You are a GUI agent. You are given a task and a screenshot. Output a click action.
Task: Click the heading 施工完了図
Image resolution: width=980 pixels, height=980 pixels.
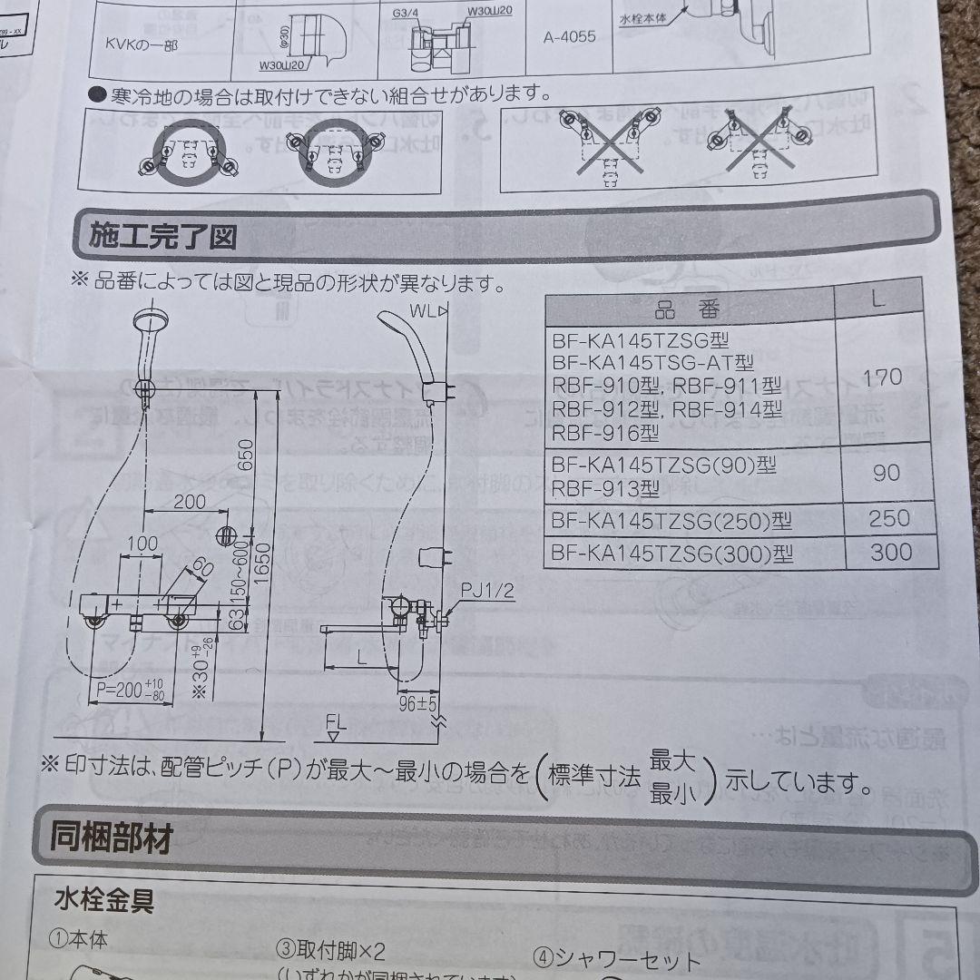[x=163, y=236]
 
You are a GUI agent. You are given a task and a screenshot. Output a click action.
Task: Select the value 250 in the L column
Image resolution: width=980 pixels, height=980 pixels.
[x=887, y=518]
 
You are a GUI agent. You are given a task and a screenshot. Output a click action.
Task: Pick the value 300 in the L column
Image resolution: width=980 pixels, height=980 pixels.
[x=890, y=552]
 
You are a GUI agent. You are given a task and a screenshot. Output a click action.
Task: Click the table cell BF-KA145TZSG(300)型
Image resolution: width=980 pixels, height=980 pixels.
[x=671, y=552]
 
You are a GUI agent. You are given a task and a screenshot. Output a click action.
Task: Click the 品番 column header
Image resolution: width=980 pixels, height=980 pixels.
[x=685, y=311]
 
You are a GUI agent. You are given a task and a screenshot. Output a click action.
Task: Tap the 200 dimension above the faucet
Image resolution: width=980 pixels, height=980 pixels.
[x=189, y=501]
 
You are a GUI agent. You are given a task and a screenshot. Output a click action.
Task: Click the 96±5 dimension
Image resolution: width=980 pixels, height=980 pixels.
[x=419, y=703]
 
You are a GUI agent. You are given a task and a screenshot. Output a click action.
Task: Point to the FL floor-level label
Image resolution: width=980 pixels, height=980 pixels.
[x=337, y=723]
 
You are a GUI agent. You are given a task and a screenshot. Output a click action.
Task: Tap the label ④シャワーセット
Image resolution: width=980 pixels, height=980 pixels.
[x=617, y=960]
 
